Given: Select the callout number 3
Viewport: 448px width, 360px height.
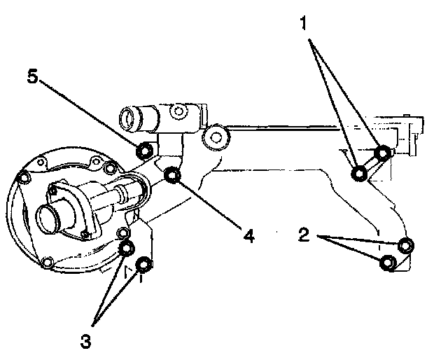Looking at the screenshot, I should [86, 342].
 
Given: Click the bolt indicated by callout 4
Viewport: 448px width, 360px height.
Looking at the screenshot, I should [173, 175].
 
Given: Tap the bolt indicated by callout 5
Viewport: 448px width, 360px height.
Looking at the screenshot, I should [143, 150].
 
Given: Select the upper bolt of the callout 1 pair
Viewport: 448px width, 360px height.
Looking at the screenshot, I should [382, 153].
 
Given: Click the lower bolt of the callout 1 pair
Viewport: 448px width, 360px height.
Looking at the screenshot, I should [359, 173].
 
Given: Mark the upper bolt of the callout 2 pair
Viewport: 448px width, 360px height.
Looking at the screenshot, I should [406, 245].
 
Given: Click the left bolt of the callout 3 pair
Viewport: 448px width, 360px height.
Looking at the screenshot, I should [127, 249].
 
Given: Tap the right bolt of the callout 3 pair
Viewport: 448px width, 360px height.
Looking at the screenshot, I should [143, 265].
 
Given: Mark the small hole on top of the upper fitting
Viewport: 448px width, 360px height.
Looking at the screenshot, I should [181, 111].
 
